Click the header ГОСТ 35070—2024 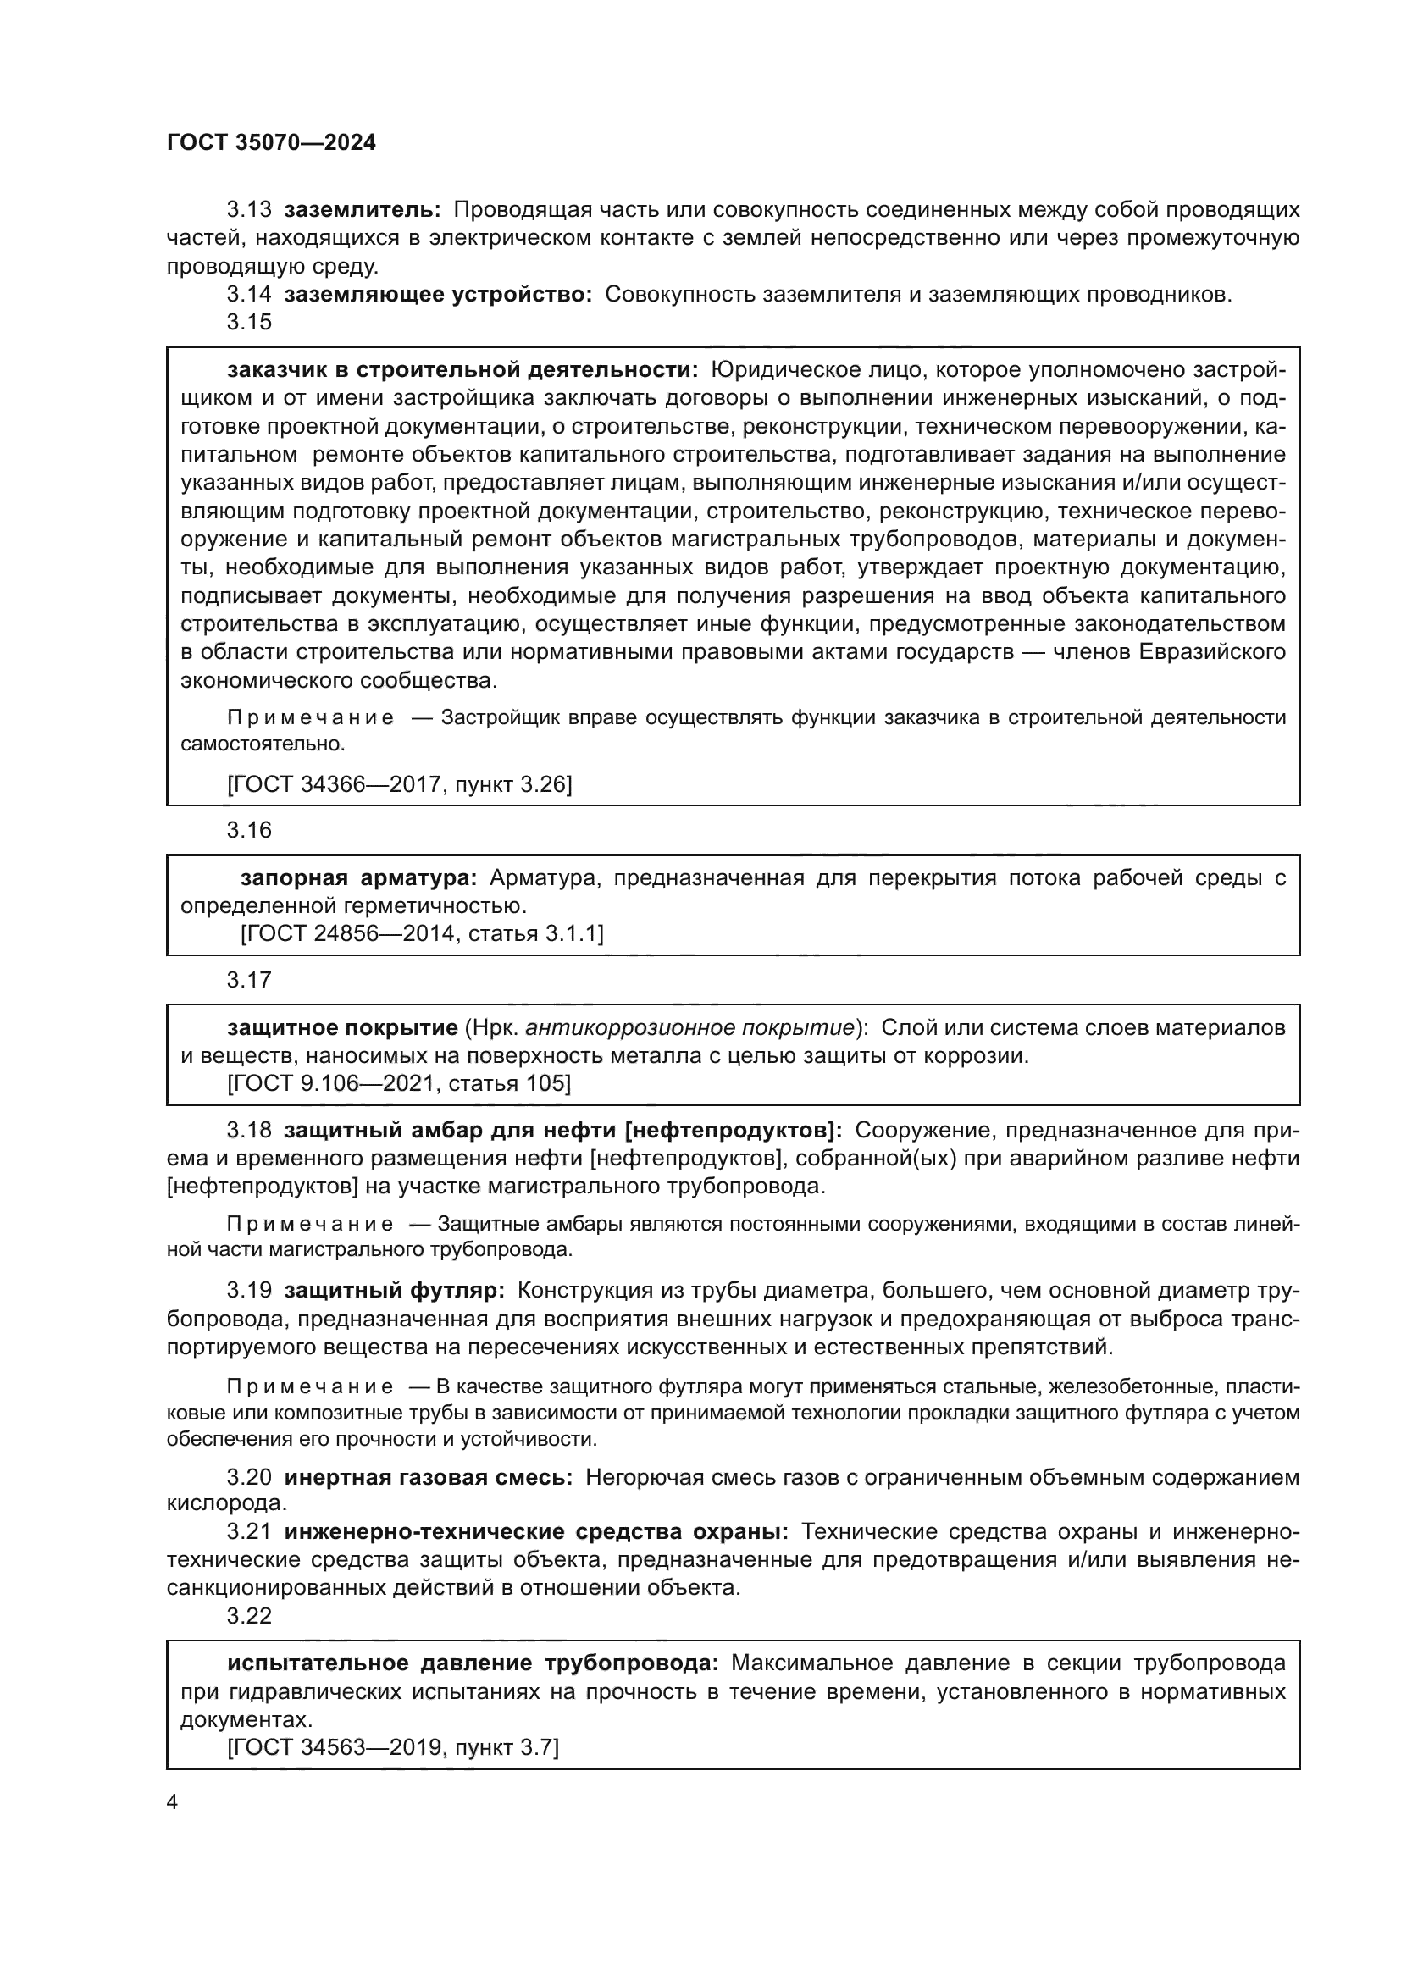(x=271, y=143)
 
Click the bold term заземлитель (x=363, y=210)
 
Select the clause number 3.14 (x=248, y=294)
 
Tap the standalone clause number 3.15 (x=248, y=322)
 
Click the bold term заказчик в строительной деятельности (x=462, y=370)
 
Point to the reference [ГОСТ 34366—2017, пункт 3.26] (x=400, y=783)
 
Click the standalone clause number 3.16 (x=248, y=830)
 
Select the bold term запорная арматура (x=358, y=878)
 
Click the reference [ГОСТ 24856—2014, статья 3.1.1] (x=421, y=932)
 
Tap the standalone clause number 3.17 (x=248, y=980)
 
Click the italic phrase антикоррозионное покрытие (x=689, y=1027)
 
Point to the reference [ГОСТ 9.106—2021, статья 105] (x=399, y=1083)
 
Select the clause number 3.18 (x=248, y=1131)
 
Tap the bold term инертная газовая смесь (x=428, y=1477)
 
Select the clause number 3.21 (x=248, y=1531)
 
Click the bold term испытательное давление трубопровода (x=472, y=1663)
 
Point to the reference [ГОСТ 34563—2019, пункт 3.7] (x=392, y=1747)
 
